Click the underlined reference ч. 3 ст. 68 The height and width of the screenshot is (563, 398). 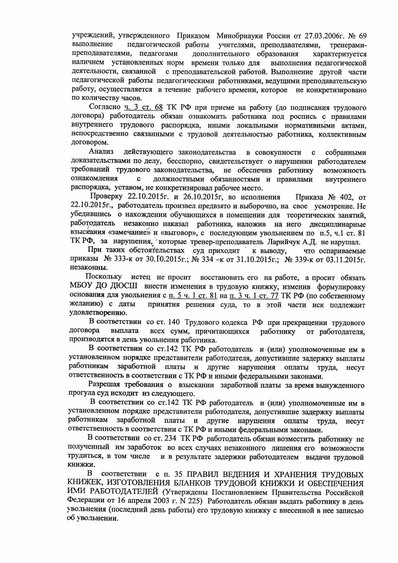(x=144, y=107)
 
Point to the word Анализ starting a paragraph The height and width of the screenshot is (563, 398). (x=101, y=152)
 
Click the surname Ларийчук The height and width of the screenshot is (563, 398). (x=285, y=242)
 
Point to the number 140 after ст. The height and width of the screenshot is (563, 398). (x=174, y=322)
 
